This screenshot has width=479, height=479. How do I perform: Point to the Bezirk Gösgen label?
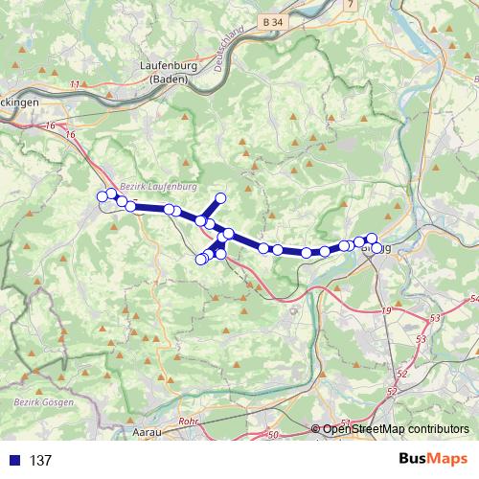(43, 402)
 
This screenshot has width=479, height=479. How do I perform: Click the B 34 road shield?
(272, 19)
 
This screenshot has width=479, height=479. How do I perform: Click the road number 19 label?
(387, 311)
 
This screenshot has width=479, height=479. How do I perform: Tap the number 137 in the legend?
(40, 461)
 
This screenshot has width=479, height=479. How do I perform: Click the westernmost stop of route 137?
(103, 197)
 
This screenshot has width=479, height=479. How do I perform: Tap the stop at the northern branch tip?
(220, 197)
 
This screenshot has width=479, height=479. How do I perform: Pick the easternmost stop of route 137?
(377, 247)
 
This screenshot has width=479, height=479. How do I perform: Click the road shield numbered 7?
(351, 5)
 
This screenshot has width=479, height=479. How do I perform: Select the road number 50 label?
(272, 436)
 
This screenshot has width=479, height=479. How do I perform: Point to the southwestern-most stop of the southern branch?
(200, 259)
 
